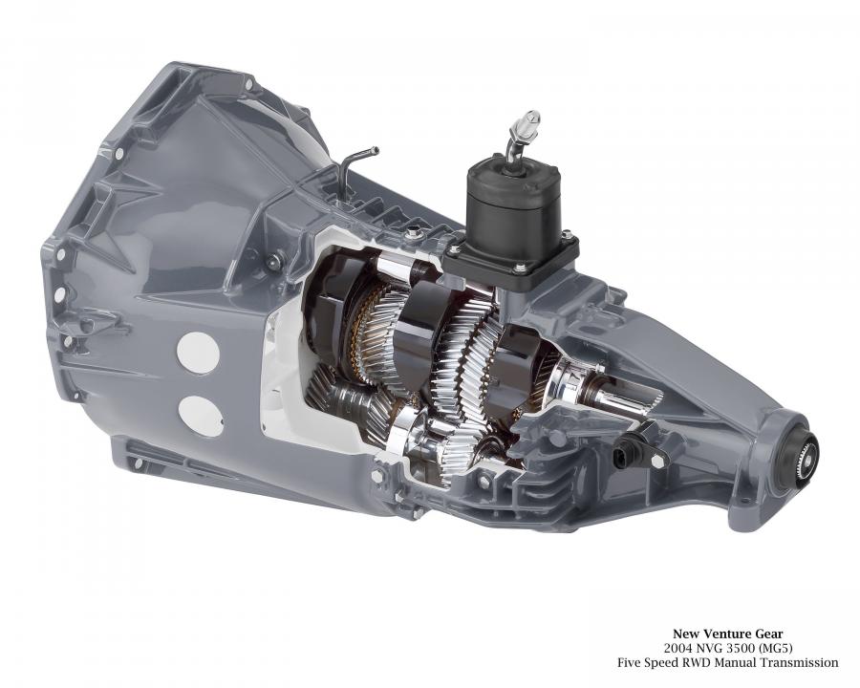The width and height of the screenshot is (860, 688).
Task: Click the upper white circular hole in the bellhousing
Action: tap(198, 353)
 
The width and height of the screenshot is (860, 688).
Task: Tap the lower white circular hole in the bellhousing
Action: tap(201, 417)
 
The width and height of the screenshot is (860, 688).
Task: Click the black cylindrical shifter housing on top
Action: tap(513, 204)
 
